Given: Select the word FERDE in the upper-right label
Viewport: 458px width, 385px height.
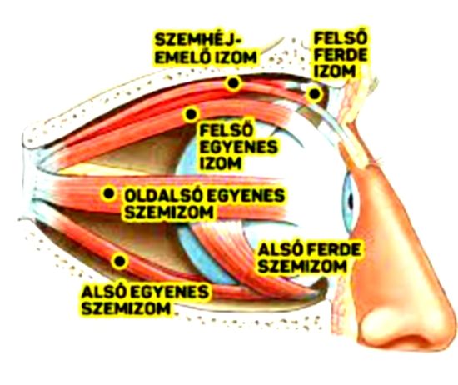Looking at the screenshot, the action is [x=341, y=55].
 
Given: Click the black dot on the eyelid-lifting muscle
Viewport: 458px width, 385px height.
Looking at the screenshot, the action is [x=233, y=83].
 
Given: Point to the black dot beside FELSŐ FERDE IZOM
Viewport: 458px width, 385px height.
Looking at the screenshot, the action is [x=314, y=94].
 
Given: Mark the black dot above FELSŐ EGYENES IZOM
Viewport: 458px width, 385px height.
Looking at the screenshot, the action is [x=191, y=114].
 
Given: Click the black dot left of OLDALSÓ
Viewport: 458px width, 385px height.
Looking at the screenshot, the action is [x=108, y=193].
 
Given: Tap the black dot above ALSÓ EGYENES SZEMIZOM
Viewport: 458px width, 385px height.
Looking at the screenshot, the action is [x=120, y=261].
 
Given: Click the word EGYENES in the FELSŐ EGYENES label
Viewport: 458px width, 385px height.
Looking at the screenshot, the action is [x=238, y=147].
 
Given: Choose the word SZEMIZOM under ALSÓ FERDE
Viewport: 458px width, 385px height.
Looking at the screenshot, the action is [x=302, y=266].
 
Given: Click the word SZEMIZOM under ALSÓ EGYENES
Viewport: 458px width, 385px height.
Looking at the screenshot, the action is [x=126, y=308].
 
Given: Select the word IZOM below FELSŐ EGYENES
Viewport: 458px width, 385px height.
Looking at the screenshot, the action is [x=221, y=162].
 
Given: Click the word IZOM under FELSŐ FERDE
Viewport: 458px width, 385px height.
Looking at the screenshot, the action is [x=335, y=71].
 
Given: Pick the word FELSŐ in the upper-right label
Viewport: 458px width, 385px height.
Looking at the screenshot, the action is [x=341, y=38].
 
